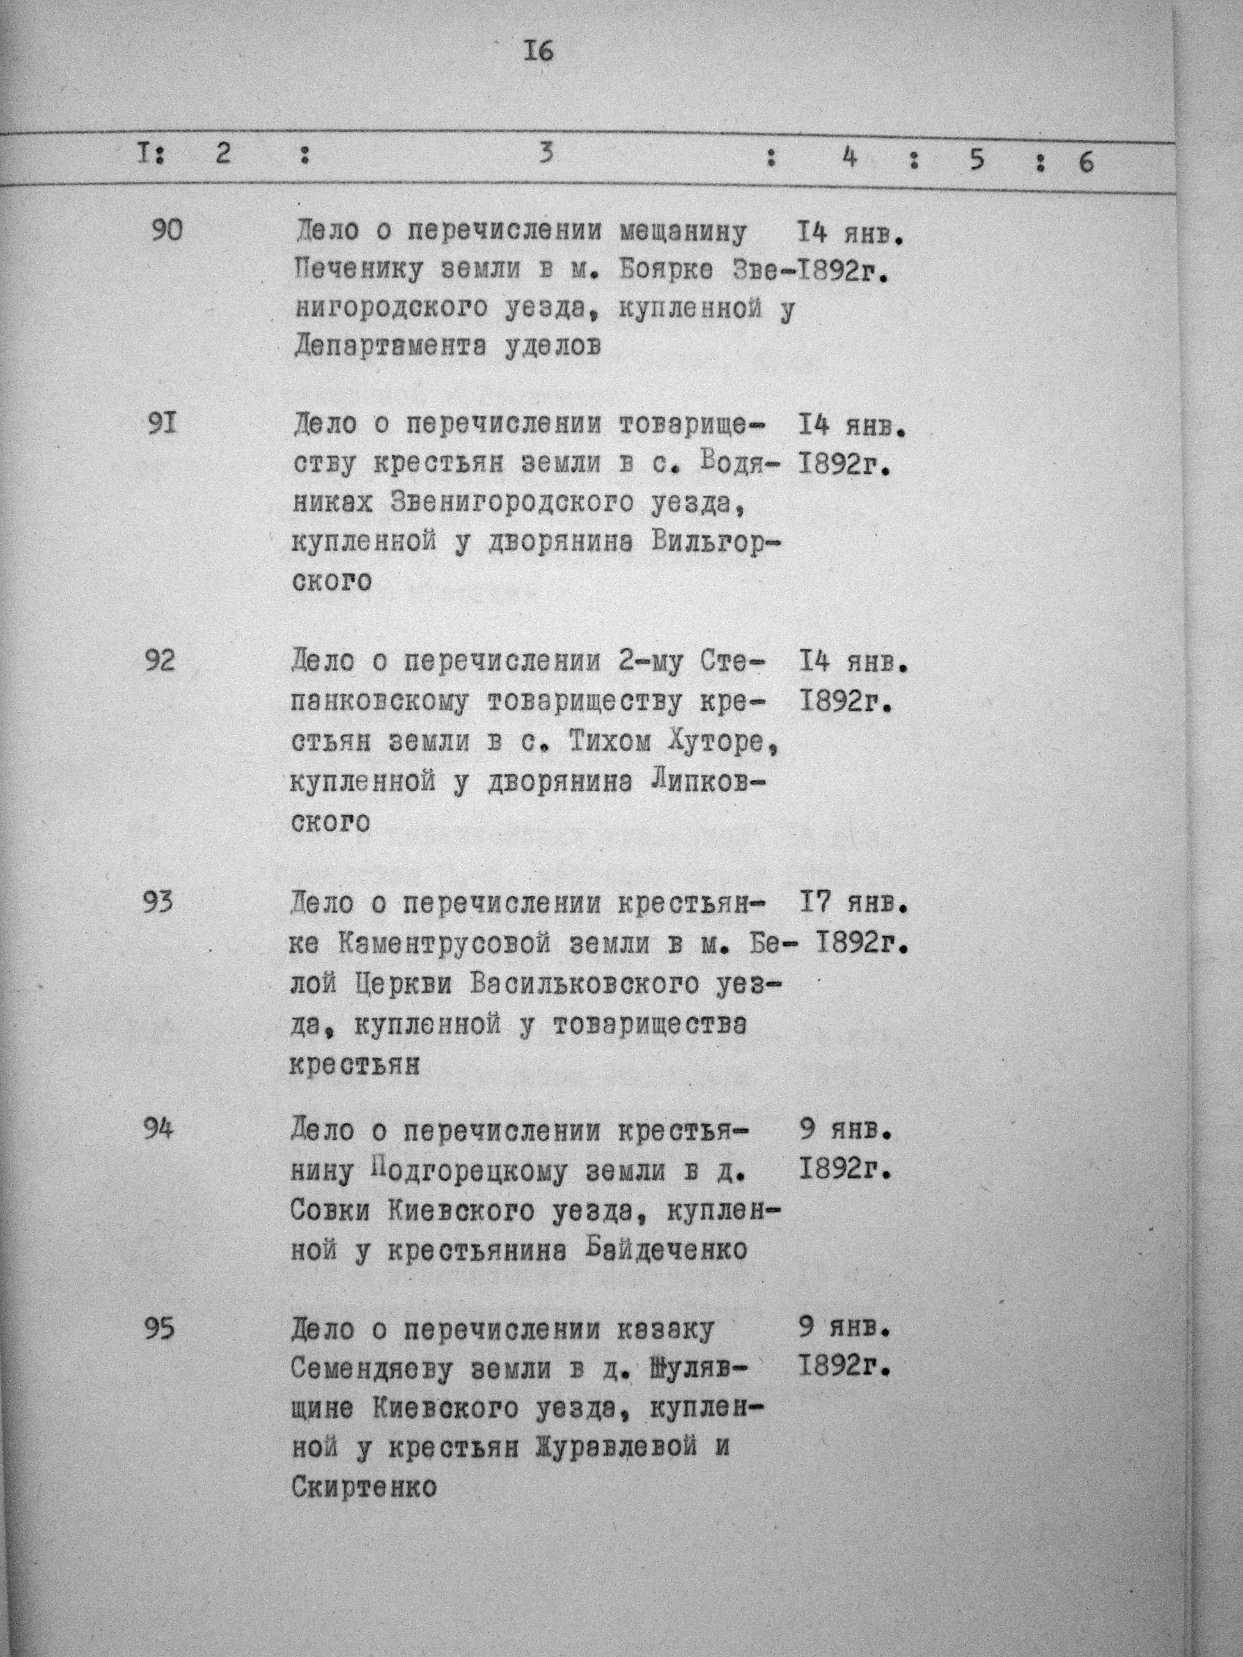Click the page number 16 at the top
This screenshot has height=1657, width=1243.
pyautogui.click(x=540, y=52)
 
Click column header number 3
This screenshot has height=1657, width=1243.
pyautogui.click(x=546, y=153)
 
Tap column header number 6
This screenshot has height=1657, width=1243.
pyautogui.click(x=1086, y=161)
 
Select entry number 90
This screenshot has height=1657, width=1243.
pyautogui.click(x=166, y=231)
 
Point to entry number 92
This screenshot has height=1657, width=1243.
pyautogui.click(x=160, y=662)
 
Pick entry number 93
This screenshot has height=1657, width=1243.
pyautogui.click(x=158, y=902)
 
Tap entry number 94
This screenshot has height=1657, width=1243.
pyautogui.click(x=158, y=1128)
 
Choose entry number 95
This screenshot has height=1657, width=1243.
pyautogui.click(x=158, y=1329)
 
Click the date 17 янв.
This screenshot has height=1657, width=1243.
pyautogui.click(x=852, y=905)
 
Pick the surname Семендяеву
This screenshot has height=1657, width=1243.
pyautogui.click(x=375, y=1370)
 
